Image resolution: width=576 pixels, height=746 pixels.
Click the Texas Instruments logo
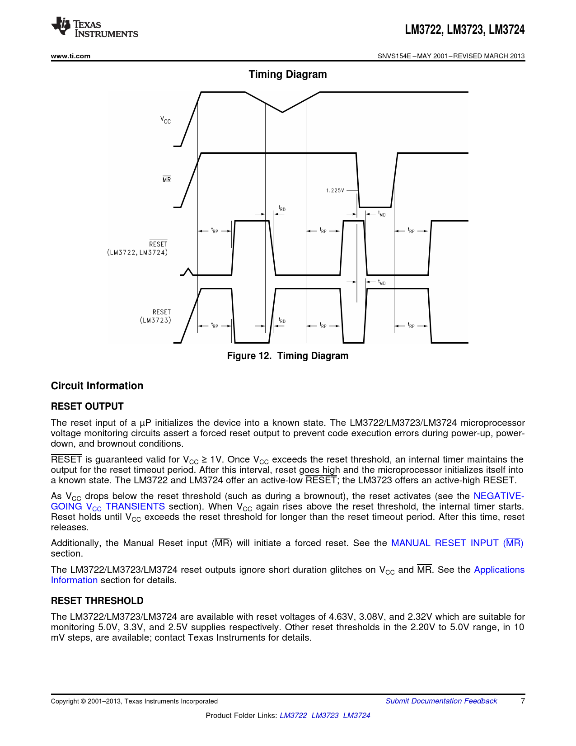[94, 27]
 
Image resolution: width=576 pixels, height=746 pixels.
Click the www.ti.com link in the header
[70, 56]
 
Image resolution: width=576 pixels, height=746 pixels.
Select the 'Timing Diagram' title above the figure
[288, 74]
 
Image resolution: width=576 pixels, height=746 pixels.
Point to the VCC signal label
[166, 120]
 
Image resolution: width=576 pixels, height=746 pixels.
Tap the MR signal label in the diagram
[167, 179]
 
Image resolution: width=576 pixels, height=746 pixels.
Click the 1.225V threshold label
[335, 190]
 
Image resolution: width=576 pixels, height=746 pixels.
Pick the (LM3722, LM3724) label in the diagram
[137, 252]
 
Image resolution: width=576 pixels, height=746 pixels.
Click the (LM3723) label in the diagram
[155, 320]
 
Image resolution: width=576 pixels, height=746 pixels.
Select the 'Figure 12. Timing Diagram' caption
[288, 356]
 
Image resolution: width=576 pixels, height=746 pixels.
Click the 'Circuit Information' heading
[97, 386]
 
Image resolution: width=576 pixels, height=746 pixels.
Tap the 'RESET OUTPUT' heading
[87, 406]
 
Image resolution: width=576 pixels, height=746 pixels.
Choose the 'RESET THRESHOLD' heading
[97, 601]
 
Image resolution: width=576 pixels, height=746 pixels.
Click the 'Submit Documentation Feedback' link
[441, 701]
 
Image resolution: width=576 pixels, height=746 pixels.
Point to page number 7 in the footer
[523, 701]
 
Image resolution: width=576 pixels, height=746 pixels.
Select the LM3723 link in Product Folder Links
[325, 715]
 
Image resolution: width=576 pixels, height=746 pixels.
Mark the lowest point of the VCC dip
[283, 112]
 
